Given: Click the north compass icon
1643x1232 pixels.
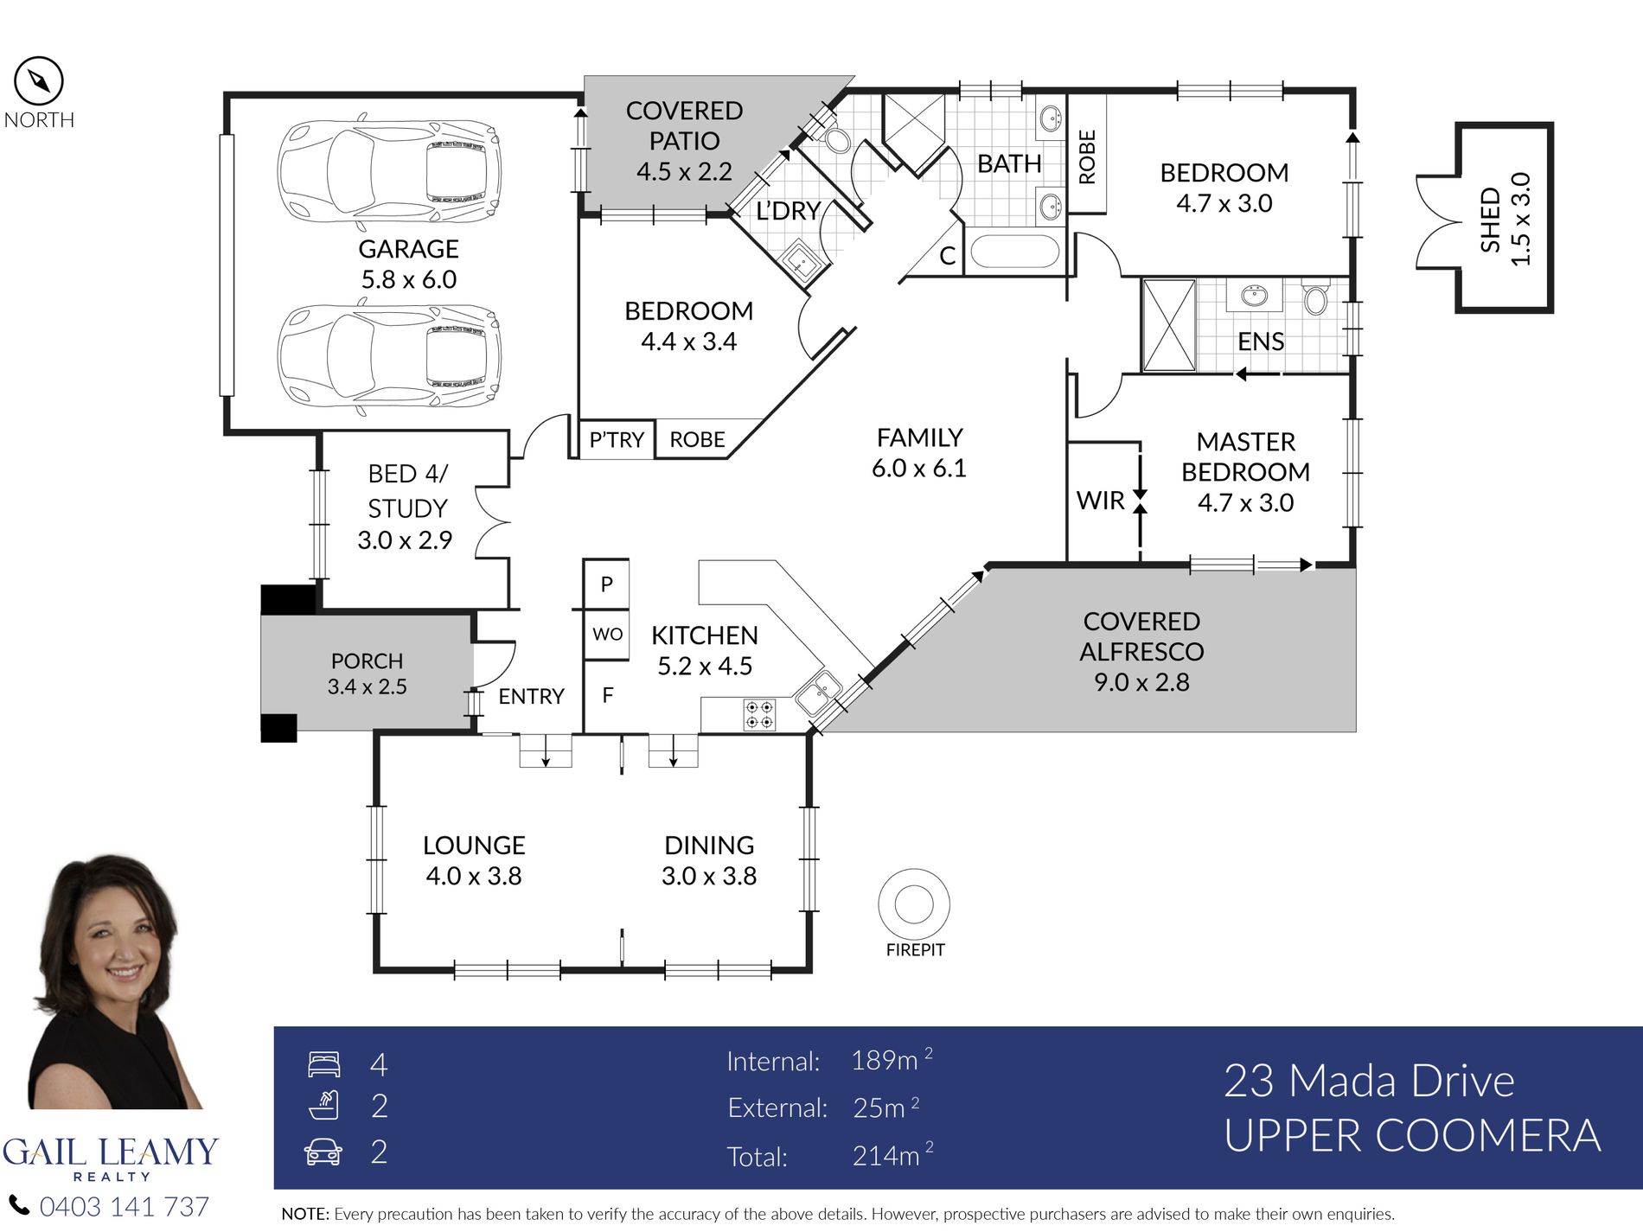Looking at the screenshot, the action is point(39,81).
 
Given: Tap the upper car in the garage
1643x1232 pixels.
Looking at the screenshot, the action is point(388,169).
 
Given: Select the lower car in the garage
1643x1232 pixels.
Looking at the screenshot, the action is point(388,354).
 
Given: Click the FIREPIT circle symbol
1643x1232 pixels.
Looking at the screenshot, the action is point(914,904).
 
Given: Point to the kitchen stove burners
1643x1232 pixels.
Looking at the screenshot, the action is point(759,715).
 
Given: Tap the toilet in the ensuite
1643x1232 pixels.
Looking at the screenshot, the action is point(1315,297).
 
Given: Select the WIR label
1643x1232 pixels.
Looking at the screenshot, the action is point(1100,501).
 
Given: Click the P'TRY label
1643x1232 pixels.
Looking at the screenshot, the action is point(617,440).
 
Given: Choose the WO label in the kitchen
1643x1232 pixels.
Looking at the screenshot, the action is point(607,635).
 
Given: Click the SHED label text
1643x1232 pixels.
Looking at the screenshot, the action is point(1490,220).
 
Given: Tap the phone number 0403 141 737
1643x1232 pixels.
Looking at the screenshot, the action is point(125,1207).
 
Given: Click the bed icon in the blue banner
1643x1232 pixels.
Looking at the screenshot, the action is point(324,1064).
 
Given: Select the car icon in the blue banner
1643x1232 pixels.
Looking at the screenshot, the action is point(323,1152).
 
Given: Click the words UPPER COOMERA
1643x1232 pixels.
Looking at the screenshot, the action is point(1412,1136).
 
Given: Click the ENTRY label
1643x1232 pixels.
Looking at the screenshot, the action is point(531,696).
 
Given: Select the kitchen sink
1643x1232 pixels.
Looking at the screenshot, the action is point(817,693).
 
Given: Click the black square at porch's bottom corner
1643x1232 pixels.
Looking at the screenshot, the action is point(279,728).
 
